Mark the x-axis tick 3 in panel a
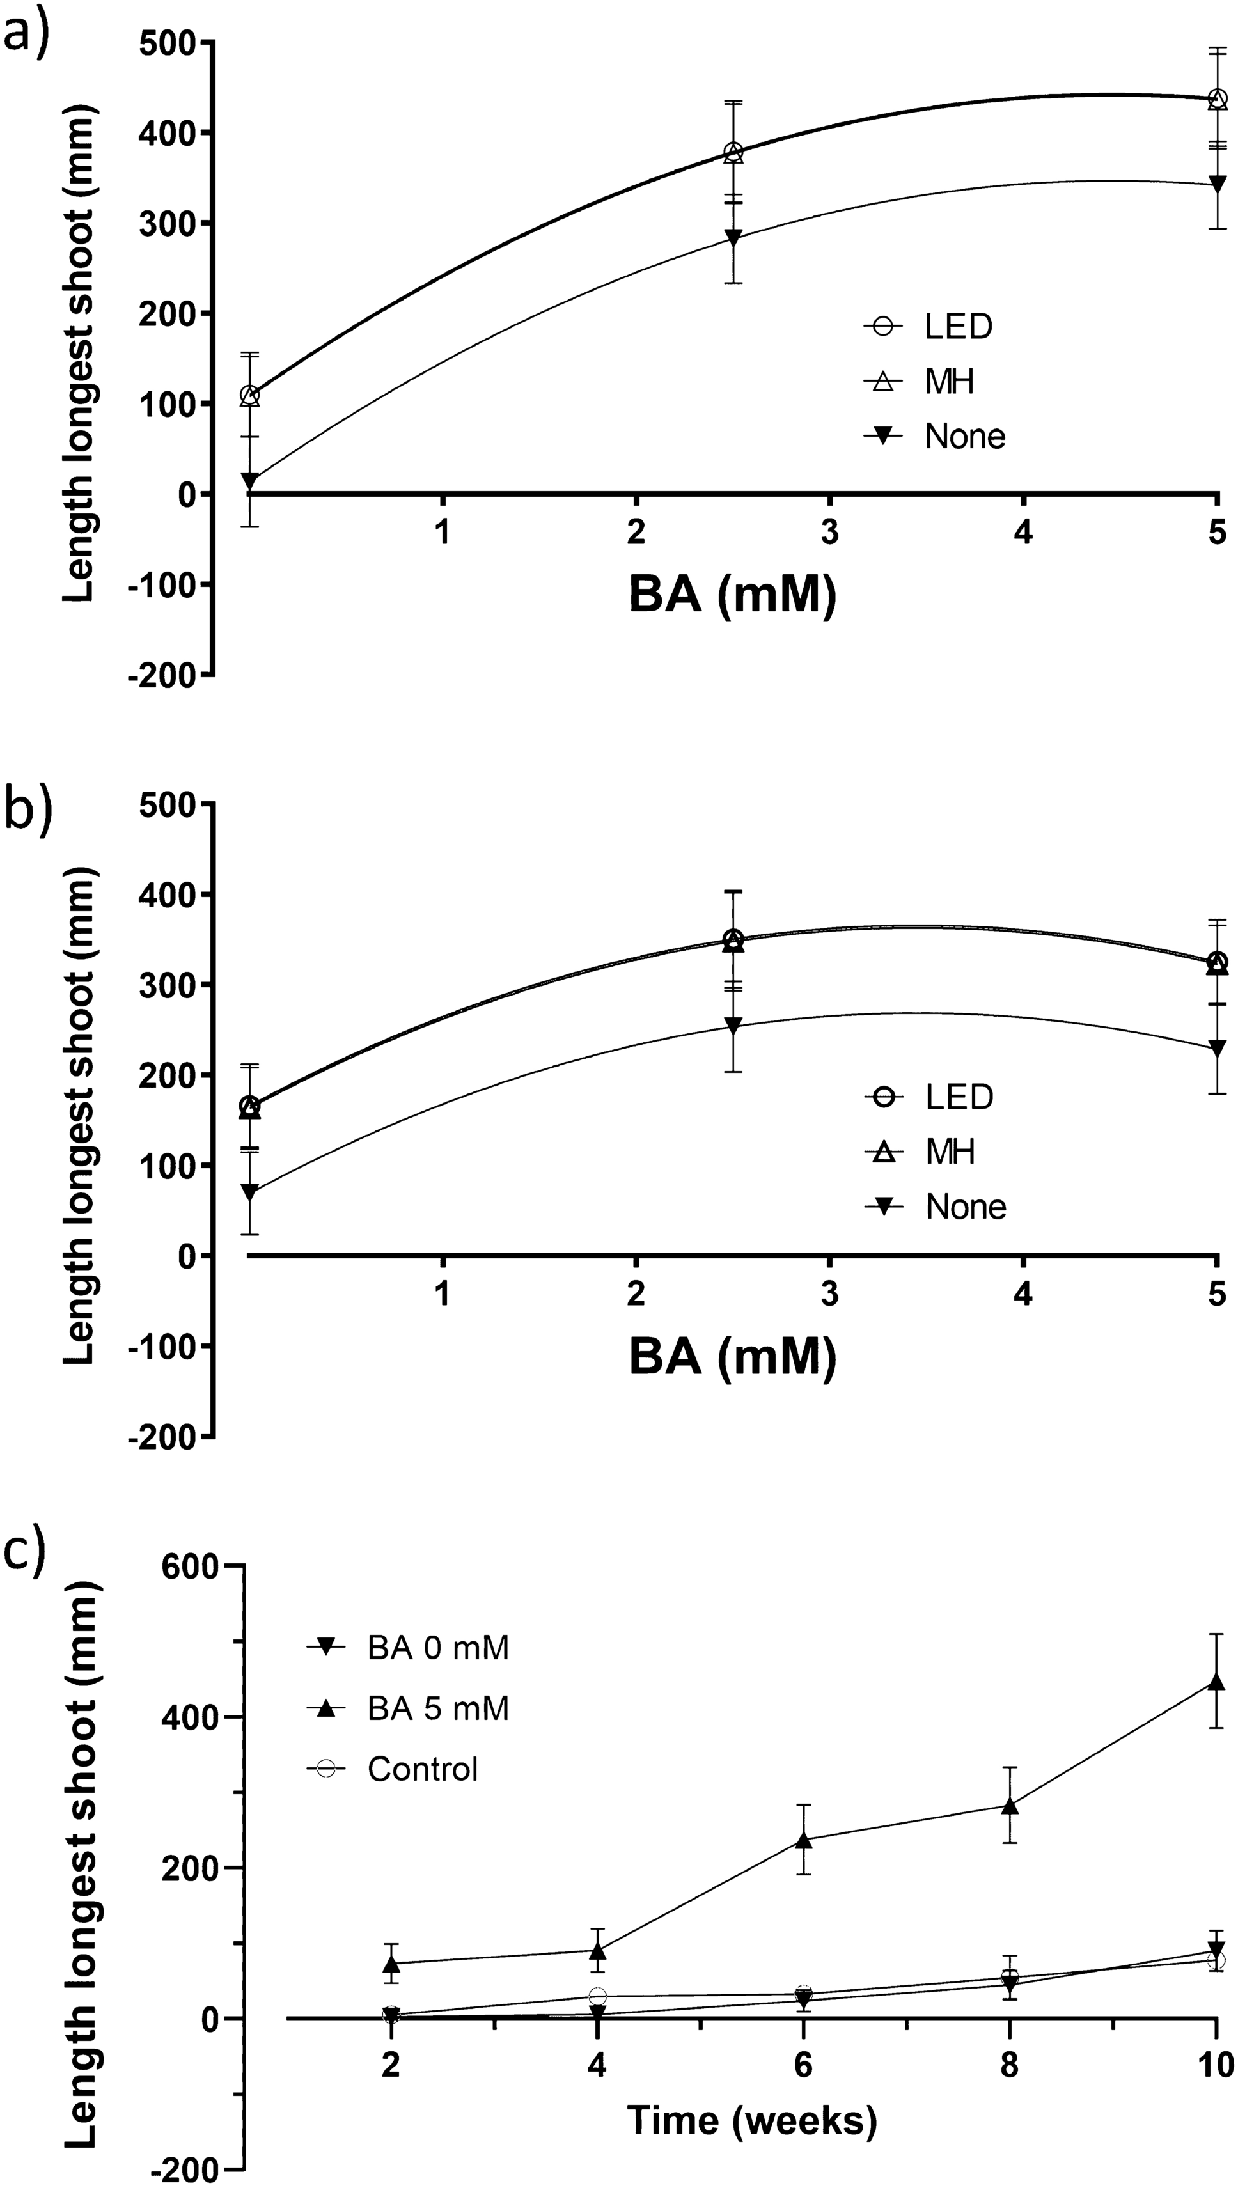pos(830,533)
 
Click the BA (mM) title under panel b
pos(733,1358)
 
